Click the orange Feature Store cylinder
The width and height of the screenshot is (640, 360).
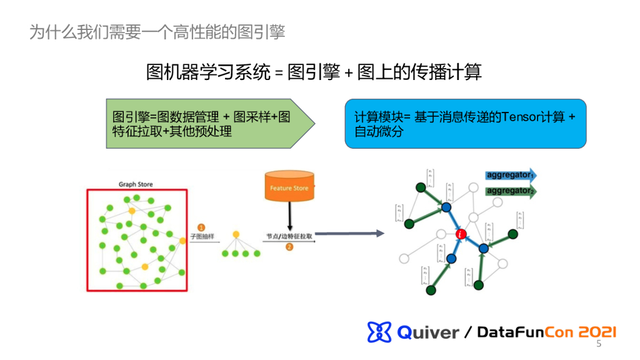289,187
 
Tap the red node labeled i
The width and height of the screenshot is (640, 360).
461,234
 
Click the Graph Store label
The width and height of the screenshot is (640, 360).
136,184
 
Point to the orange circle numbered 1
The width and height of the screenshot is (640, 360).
201,227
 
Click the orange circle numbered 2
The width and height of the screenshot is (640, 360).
289,247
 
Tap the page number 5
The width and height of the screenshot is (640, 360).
599,344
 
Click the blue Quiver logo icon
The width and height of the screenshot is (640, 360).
379,332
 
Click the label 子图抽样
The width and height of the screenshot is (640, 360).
202,237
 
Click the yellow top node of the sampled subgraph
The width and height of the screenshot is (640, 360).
236,234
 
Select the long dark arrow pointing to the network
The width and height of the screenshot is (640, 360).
350,234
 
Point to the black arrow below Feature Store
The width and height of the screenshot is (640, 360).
289,216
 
